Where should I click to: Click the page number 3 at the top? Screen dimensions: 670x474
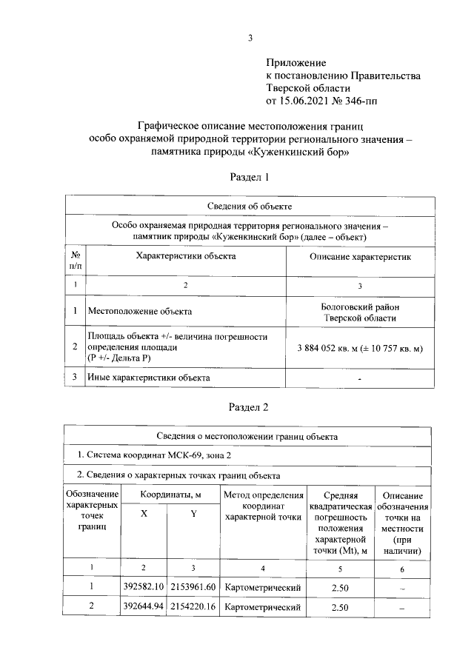click(250, 38)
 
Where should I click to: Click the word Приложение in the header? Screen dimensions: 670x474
click(296, 64)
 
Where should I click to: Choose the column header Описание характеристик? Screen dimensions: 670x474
click(359, 256)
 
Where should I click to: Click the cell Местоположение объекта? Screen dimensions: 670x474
click(140, 312)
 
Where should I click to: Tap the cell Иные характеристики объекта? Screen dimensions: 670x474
click(148, 378)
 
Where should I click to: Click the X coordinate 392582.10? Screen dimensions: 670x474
click(144, 588)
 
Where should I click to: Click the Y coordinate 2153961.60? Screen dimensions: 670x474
click(193, 588)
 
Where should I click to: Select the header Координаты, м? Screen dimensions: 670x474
click(168, 494)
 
